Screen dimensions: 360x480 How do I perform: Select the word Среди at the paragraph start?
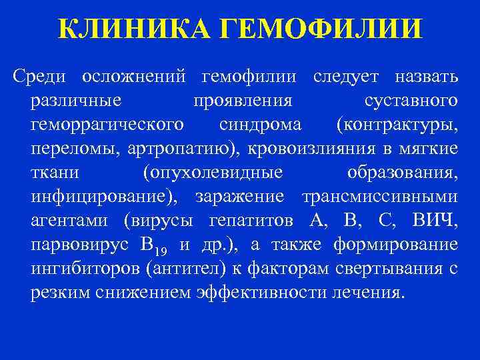39,78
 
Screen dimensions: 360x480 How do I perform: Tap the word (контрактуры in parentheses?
397,125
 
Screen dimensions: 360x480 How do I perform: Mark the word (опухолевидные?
213,172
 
